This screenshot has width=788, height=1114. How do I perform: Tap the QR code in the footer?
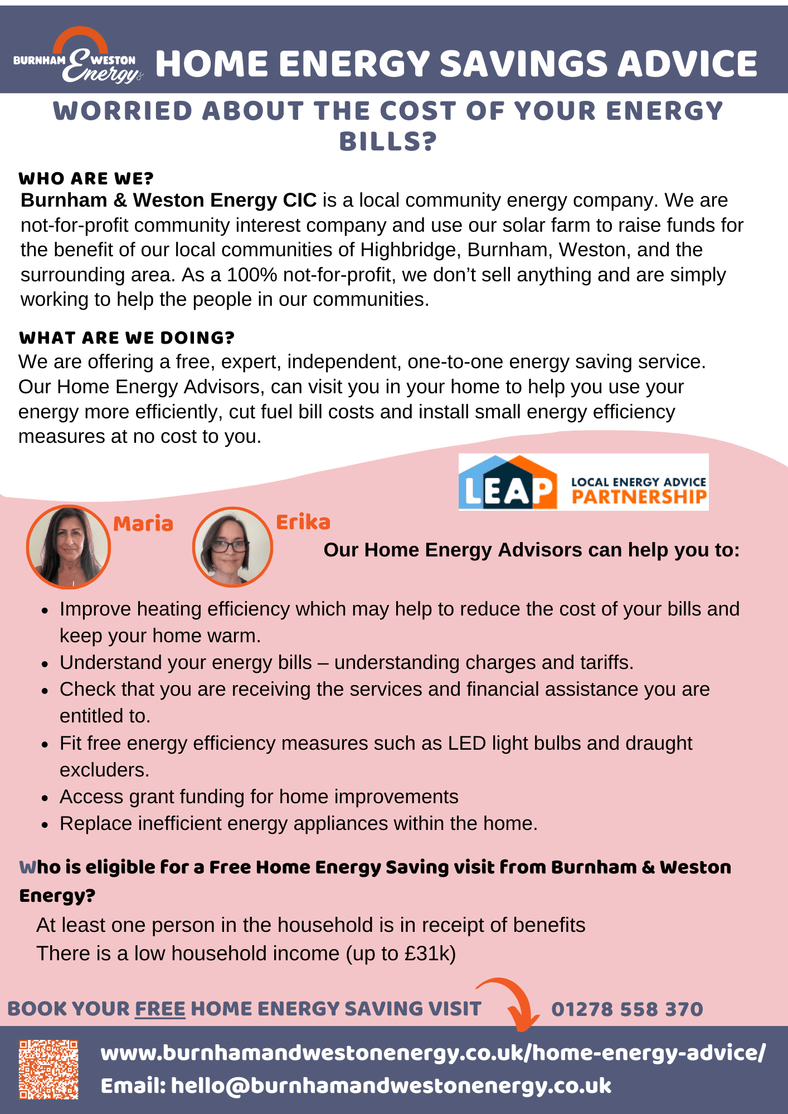pyautogui.click(x=48, y=1069)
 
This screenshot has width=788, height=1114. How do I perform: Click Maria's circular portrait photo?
pyautogui.click(x=69, y=546)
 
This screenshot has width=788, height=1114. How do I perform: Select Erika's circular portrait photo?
pyautogui.click(x=232, y=547)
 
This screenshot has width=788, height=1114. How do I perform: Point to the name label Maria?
pyautogui.click(x=143, y=524)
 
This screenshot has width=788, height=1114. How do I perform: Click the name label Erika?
pyautogui.click(x=303, y=522)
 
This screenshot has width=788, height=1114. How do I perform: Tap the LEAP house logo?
pyautogui.click(x=508, y=482)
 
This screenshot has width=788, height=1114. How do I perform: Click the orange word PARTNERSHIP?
pyautogui.click(x=639, y=497)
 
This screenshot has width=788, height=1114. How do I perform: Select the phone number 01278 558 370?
pyautogui.click(x=627, y=1009)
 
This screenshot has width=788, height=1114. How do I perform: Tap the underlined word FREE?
pyautogui.click(x=160, y=1009)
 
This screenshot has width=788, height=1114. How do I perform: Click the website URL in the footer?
pyautogui.click(x=433, y=1053)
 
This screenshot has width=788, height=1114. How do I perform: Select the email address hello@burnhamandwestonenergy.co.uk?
pyautogui.click(x=391, y=1086)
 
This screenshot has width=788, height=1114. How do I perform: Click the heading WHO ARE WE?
pyautogui.click(x=86, y=179)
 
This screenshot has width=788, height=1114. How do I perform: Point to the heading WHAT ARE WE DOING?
pyautogui.click(x=127, y=338)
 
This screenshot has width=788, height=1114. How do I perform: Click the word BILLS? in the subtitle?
pyautogui.click(x=388, y=141)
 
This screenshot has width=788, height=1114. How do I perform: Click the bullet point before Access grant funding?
pyautogui.click(x=45, y=798)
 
